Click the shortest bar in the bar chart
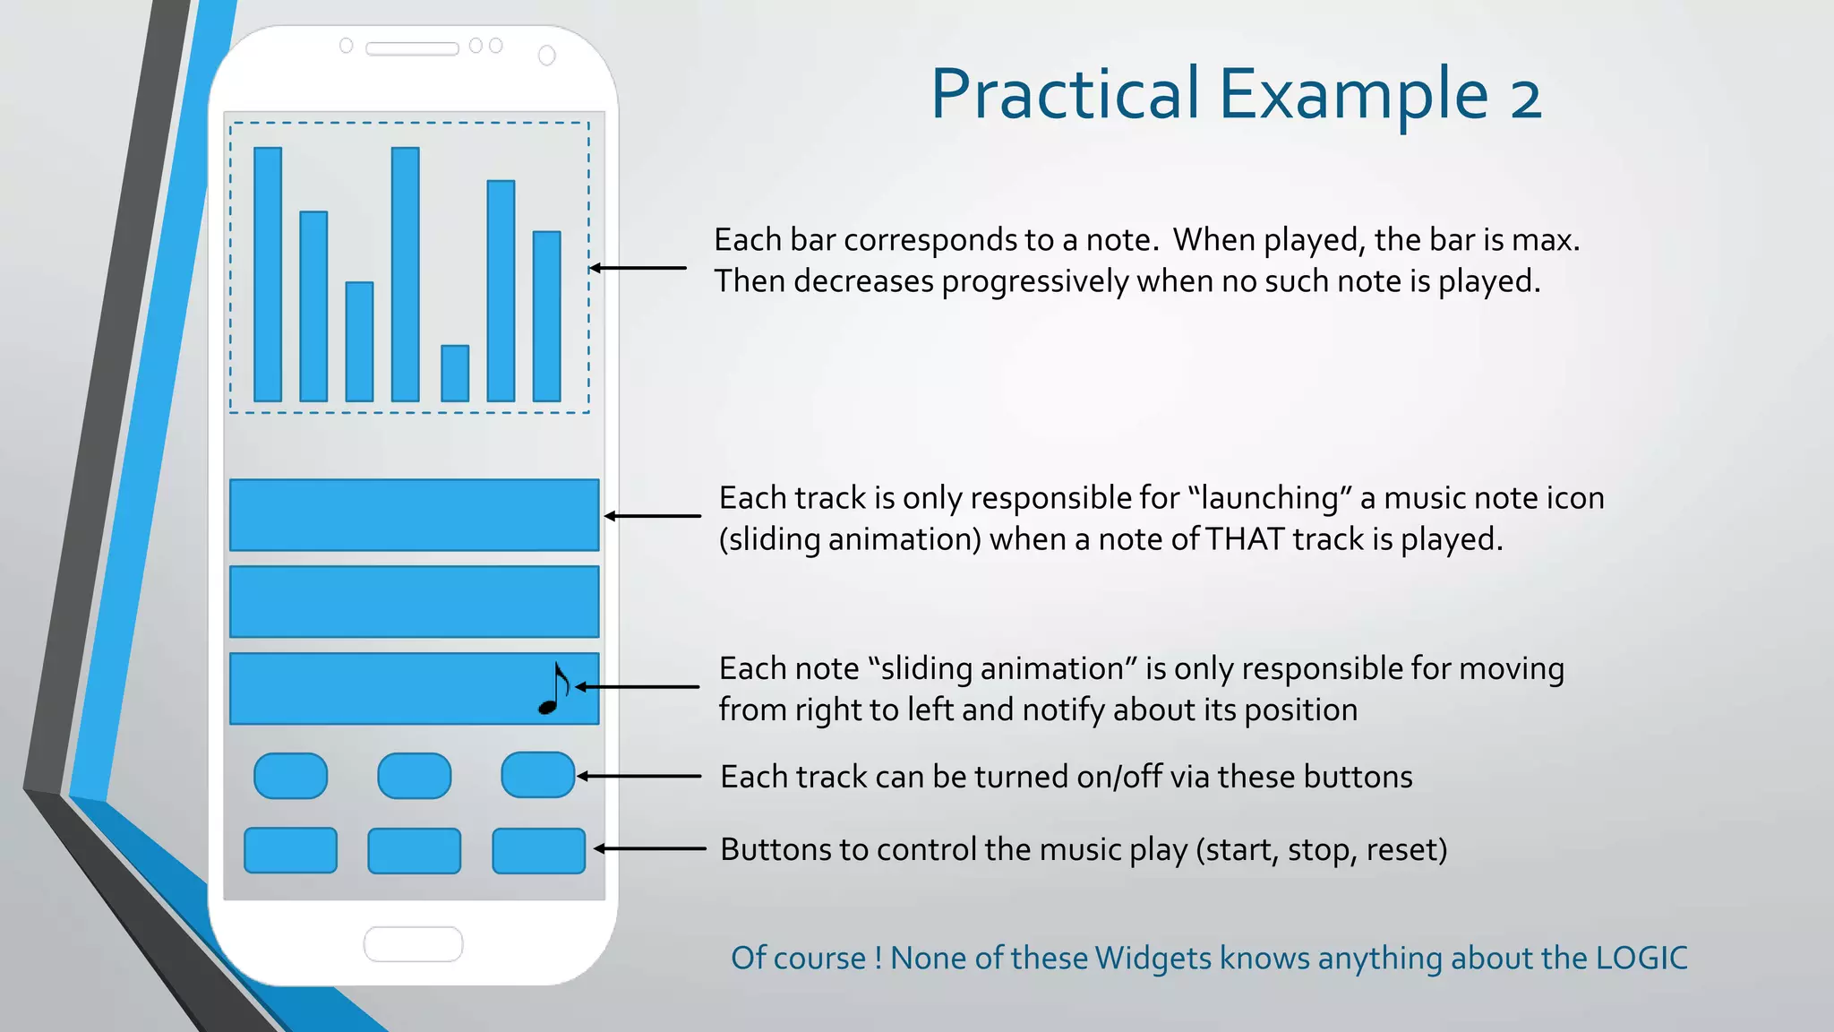tap(455, 374)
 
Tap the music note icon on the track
tap(554, 689)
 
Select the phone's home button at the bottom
tap(413, 944)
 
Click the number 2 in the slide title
tap(1525, 97)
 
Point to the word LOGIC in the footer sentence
tap(1641, 959)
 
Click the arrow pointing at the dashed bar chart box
tap(638, 268)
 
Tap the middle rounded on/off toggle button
tap(415, 776)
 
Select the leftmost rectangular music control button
tap(291, 850)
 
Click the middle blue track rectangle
tap(414, 602)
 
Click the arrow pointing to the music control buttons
tap(650, 848)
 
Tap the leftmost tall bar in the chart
tap(268, 274)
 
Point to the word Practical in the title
tap(1065, 95)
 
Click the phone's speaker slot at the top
tap(412, 48)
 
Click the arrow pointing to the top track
tap(652, 516)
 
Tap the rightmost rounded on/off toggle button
tap(537, 775)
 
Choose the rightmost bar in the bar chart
tap(547, 316)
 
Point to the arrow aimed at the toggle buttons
tap(638, 776)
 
